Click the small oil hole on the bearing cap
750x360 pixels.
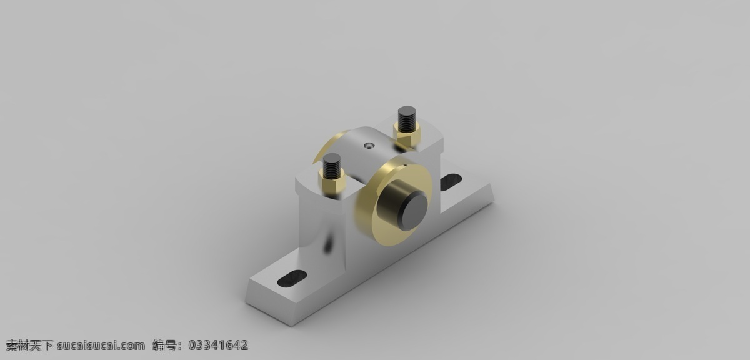tap(369, 146)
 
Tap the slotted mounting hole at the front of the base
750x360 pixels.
tap(292, 278)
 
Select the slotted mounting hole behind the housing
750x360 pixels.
tap(451, 182)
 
